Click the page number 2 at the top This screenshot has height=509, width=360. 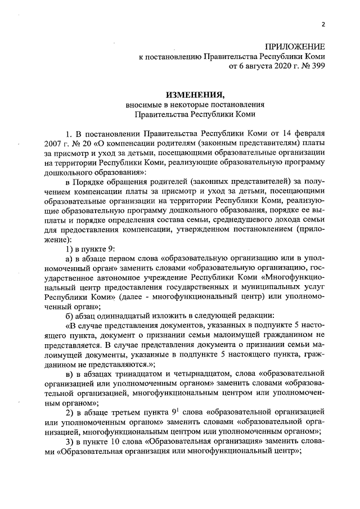pos(323,24)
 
